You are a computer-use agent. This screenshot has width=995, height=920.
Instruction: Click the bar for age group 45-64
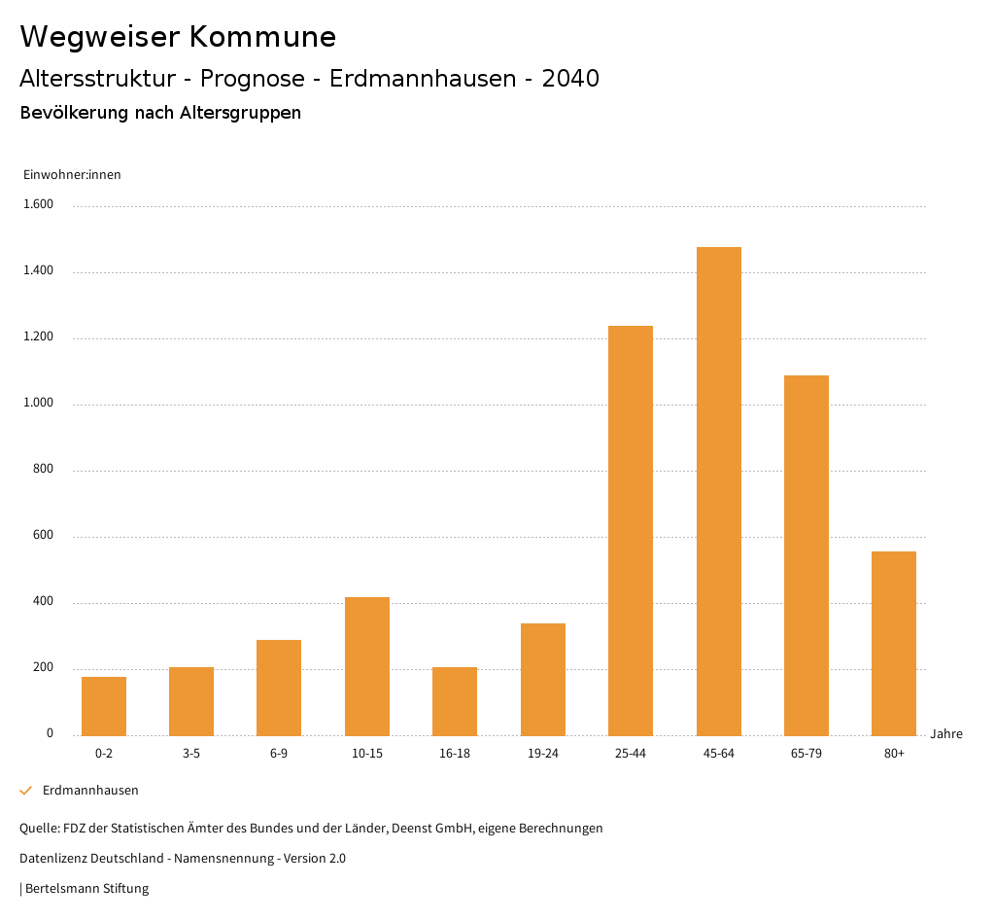click(718, 491)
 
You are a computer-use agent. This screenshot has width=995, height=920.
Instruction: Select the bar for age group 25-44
click(631, 530)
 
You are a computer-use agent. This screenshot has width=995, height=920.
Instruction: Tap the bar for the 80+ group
click(894, 643)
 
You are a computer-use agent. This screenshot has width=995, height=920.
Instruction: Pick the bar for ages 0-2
click(104, 706)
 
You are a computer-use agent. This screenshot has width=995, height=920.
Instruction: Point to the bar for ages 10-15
click(367, 666)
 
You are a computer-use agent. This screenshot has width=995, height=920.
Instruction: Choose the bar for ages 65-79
click(806, 555)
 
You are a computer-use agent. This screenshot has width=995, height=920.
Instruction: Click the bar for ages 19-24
click(543, 679)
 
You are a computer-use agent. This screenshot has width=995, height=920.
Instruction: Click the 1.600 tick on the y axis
click(39, 205)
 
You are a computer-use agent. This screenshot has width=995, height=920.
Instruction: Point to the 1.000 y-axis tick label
click(39, 404)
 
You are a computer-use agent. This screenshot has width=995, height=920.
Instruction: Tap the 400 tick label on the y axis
click(44, 602)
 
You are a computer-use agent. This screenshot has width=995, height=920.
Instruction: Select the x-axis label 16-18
click(455, 754)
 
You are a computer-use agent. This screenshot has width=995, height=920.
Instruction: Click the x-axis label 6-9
click(279, 754)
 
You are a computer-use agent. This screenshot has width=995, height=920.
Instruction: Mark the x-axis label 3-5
click(191, 754)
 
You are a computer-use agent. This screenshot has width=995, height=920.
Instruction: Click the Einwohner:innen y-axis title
click(72, 175)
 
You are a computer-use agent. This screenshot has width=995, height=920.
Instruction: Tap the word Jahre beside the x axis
click(946, 734)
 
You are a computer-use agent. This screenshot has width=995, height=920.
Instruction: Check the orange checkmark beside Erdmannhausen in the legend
click(26, 791)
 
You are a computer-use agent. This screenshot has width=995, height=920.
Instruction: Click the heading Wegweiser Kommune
click(178, 37)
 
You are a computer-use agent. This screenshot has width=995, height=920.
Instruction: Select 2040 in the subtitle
click(570, 79)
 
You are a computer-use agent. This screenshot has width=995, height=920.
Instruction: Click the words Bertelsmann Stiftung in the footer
click(86, 889)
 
